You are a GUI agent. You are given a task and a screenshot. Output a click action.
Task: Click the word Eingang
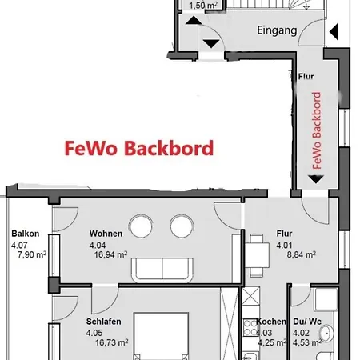(278, 31)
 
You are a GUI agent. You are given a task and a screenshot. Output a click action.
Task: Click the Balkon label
(25, 234)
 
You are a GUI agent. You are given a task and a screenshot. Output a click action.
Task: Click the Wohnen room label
(106, 234)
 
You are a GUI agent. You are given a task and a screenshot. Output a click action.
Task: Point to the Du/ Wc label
(306, 322)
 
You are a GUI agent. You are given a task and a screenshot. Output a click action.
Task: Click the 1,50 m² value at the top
(202, 5)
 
